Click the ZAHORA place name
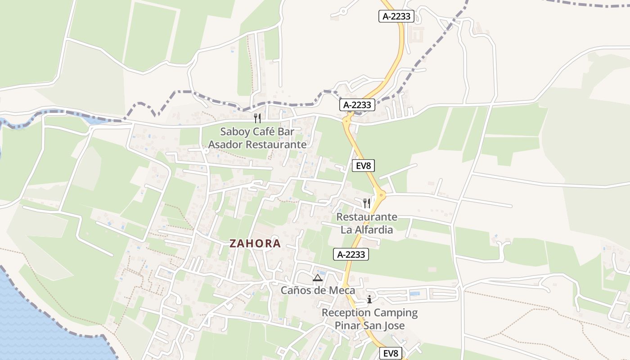(x=255, y=243)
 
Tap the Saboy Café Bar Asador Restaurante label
(x=257, y=138)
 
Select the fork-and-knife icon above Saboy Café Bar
(x=257, y=118)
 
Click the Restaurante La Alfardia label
(x=367, y=223)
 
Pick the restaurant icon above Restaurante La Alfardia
(x=367, y=203)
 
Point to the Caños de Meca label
(x=318, y=290)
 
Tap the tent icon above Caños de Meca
(x=318, y=278)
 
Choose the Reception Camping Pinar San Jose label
(x=369, y=319)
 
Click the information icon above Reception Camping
(x=369, y=299)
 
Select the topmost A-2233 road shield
(x=396, y=17)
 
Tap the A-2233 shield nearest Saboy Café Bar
(x=357, y=105)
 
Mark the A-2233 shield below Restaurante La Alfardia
(x=351, y=254)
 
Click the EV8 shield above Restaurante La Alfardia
(x=363, y=166)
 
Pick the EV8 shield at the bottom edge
(x=391, y=353)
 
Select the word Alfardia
(x=373, y=229)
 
